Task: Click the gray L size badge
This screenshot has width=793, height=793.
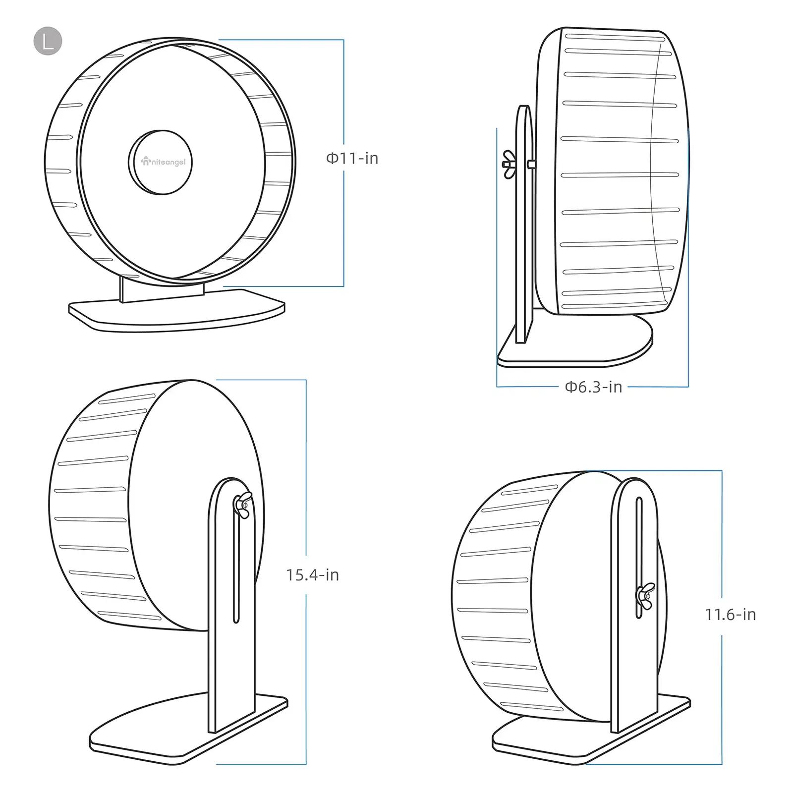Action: click(x=48, y=41)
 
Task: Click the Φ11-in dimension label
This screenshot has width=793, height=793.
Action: click(x=352, y=159)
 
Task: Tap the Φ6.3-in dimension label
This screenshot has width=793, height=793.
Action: click(x=593, y=387)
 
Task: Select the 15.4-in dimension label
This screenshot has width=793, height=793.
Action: click(x=312, y=575)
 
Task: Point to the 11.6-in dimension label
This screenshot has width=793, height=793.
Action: click(x=731, y=615)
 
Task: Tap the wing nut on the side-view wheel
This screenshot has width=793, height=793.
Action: click(x=509, y=164)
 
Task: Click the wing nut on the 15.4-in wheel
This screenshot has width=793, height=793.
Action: click(x=242, y=505)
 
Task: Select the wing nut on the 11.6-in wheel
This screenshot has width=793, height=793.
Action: click(x=645, y=595)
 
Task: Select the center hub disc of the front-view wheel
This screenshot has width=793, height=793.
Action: click(x=160, y=162)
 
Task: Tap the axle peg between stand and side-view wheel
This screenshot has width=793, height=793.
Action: click(x=531, y=164)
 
